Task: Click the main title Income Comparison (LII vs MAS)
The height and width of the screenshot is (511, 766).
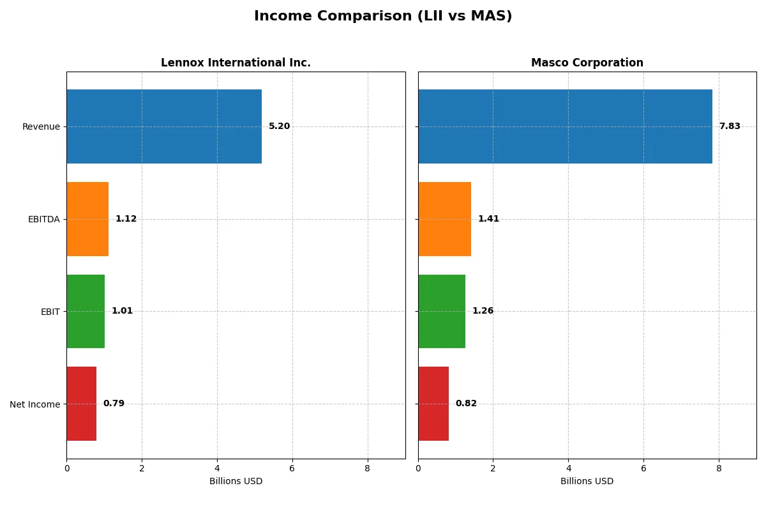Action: pyautogui.click(x=383, y=17)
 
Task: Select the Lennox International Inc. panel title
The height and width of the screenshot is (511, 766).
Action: pyautogui.click(x=236, y=63)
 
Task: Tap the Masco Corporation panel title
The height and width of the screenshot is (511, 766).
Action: pyautogui.click(x=587, y=63)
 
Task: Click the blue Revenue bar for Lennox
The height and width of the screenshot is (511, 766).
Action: pyautogui.click(x=164, y=126)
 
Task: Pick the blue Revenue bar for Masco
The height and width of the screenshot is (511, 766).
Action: pyautogui.click(x=565, y=126)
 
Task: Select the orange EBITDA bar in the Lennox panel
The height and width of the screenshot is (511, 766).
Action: pyautogui.click(x=87, y=219)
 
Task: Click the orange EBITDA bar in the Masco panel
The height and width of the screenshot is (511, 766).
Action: pyautogui.click(x=444, y=219)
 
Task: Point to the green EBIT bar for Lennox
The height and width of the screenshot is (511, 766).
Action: pyautogui.click(x=86, y=311)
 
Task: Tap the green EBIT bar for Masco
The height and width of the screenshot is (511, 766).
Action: pyautogui.click(x=442, y=311)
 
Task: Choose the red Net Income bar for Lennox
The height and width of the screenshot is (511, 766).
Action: pyautogui.click(x=81, y=404)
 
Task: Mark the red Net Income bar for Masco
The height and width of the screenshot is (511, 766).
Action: pyautogui.click(x=433, y=404)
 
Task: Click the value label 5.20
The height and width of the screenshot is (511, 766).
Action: pyautogui.click(x=279, y=126)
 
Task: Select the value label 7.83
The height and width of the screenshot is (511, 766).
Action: pyautogui.click(x=730, y=126)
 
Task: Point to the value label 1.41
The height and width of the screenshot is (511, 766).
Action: pyautogui.click(x=488, y=219)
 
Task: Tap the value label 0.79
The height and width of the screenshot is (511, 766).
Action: pyautogui.click(x=114, y=404)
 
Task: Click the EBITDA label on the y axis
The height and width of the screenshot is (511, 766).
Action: pyautogui.click(x=43, y=219)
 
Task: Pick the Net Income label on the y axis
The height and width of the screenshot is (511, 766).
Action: pyautogui.click(x=34, y=404)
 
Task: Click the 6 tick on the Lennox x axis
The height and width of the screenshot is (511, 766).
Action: pyautogui.click(x=292, y=468)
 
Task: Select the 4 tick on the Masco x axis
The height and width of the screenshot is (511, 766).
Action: pyautogui.click(x=568, y=468)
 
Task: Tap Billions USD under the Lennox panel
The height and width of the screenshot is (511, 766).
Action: pyautogui.click(x=236, y=482)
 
